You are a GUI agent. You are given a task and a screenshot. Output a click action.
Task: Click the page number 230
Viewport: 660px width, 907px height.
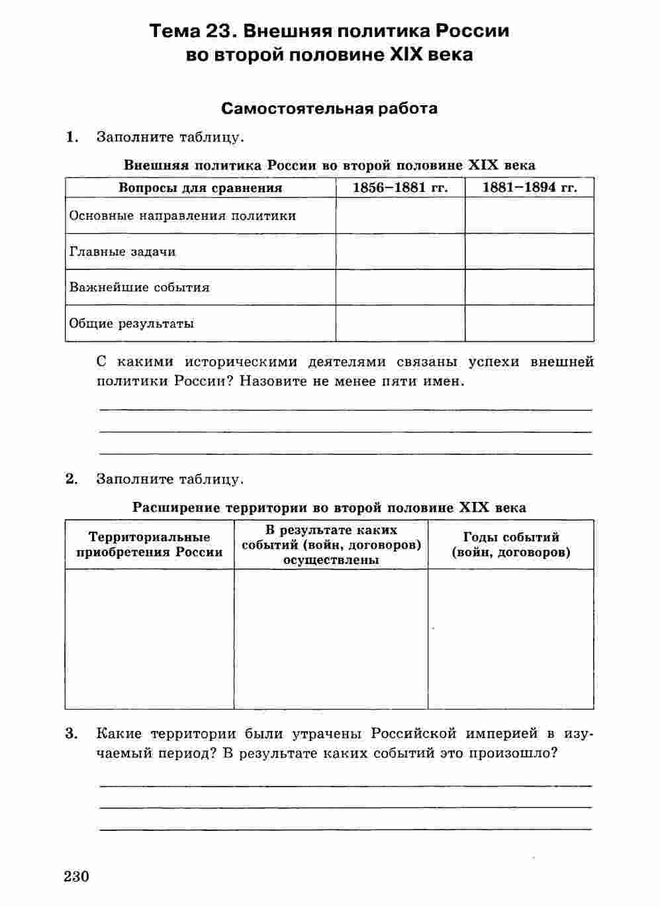point(77,877)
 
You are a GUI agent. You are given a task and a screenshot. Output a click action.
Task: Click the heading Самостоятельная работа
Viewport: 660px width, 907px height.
point(329,108)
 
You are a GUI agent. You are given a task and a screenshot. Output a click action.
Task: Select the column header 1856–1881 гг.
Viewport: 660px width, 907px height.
point(400,187)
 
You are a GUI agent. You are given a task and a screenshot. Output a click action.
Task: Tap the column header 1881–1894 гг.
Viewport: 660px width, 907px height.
point(529,187)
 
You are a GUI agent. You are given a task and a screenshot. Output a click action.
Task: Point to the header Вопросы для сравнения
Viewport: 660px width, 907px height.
point(200,187)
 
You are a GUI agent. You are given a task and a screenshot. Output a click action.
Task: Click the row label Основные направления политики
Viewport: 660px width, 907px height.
point(183,216)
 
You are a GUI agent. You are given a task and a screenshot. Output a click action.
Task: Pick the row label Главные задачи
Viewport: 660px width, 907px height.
point(122,252)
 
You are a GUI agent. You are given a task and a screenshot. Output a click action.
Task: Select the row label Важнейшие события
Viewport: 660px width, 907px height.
point(139,287)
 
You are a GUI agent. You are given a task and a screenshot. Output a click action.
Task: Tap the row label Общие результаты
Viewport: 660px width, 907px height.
point(132,324)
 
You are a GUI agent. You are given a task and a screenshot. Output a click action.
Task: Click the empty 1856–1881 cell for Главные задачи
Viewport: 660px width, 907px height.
point(400,252)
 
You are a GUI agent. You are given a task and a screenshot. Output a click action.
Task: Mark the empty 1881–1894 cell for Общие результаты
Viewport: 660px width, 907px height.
point(529,324)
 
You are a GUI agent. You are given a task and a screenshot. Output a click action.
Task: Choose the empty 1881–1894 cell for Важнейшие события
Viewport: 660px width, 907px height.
point(529,287)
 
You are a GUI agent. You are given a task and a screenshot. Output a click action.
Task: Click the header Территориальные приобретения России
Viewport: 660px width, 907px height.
point(150,544)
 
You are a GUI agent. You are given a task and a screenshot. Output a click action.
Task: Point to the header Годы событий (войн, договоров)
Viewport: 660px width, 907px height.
point(511,544)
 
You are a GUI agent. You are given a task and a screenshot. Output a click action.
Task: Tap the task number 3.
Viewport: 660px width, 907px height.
point(71,734)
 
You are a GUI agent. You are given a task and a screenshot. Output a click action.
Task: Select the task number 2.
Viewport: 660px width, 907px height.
point(71,479)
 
